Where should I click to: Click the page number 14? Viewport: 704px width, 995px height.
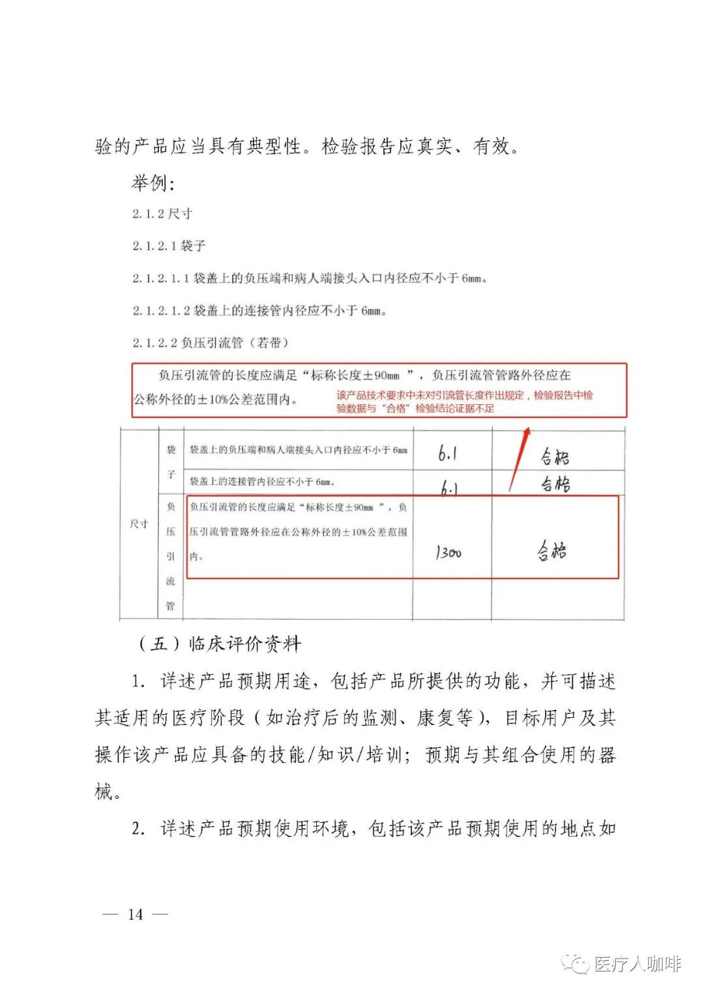click(x=136, y=914)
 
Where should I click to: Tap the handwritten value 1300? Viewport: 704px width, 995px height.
click(x=448, y=553)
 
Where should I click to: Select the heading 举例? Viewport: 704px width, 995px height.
click(x=153, y=183)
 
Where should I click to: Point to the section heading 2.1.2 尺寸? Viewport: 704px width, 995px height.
click(x=162, y=214)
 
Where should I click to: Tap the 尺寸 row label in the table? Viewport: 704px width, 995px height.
click(x=139, y=524)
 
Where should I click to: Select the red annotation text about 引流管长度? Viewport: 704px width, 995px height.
click(x=464, y=402)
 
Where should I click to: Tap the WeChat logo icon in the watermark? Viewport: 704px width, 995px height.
click(x=576, y=964)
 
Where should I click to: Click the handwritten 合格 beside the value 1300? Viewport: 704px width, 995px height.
click(x=552, y=552)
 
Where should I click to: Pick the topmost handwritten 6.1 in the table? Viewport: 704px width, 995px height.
click(x=447, y=454)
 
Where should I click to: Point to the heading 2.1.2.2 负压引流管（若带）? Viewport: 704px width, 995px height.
click(x=211, y=342)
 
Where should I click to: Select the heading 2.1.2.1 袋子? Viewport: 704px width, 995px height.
click(x=169, y=246)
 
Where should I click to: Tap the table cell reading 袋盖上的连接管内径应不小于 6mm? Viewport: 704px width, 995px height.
click(x=262, y=482)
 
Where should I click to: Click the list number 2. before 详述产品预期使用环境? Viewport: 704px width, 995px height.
click(x=138, y=829)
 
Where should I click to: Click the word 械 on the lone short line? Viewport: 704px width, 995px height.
click(x=104, y=792)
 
